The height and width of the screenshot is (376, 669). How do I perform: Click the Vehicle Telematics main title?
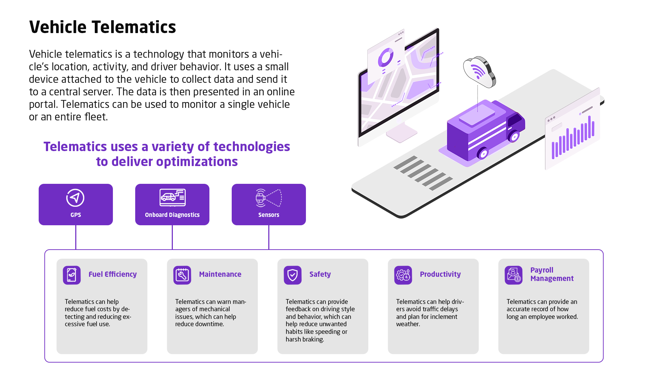click(x=102, y=27)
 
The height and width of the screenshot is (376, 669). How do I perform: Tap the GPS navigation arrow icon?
click(x=75, y=198)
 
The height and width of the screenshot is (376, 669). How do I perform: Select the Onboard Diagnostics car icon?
click(x=172, y=198)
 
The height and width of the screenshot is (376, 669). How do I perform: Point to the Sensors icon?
click(x=269, y=198)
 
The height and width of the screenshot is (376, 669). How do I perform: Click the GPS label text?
click(x=76, y=215)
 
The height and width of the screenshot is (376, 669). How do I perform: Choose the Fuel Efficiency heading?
click(x=113, y=274)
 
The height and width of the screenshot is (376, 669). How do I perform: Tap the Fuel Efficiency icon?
click(x=72, y=275)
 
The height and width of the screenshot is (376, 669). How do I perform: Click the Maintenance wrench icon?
click(x=182, y=275)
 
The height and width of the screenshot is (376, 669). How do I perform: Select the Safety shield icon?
click(x=293, y=275)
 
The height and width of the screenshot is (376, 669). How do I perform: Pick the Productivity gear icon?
click(x=403, y=275)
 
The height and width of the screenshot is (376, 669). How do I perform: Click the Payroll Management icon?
click(x=514, y=275)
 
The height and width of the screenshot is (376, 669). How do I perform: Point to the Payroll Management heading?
click(x=552, y=274)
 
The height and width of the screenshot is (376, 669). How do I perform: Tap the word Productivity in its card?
click(x=440, y=274)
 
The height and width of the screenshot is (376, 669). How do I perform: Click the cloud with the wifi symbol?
click(x=479, y=72)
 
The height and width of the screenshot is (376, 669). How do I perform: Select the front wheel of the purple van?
click(x=514, y=136)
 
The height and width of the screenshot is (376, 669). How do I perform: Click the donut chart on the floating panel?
click(x=385, y=57)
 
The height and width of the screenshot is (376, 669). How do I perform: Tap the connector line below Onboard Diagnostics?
click(x=172, y=237)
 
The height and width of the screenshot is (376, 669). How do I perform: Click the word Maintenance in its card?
click(x=220, y=274)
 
